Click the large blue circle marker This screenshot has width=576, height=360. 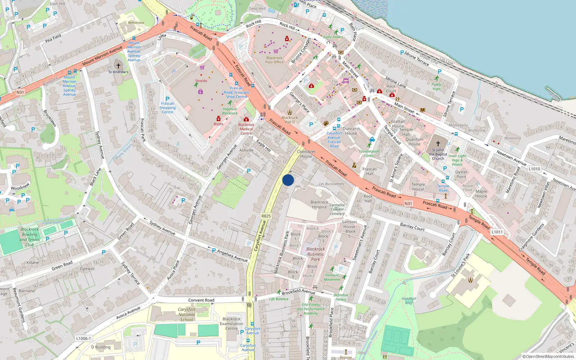click(x=288, y=180)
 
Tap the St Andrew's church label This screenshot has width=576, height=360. click(x=118, y=72)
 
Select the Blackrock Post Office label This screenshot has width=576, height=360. click(x=274, y=60)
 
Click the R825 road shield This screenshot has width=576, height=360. click(x=266, y=216)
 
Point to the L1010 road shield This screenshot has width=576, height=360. click(x=534, y=169)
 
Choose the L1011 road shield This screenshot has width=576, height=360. click(x=497, y=232)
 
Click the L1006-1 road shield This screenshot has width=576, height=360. click(x=84, y=338)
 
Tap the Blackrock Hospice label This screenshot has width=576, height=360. click(x=319, y=204)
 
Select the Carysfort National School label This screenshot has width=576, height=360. click(x=186, y=314)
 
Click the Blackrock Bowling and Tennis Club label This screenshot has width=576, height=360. click(x=30, y=237)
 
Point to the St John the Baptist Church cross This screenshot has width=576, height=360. click(x=438, y=143)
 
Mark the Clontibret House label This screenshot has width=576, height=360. click(x=306, y=154)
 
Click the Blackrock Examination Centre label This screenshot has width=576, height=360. click(x=231, y=324)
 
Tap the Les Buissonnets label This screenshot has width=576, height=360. click(x=331, y=184)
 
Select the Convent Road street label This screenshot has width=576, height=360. click(x=201, y=300)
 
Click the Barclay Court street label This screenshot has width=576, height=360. click(x=412, y=227)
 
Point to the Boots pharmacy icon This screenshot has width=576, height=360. click(x=218, y=118)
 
